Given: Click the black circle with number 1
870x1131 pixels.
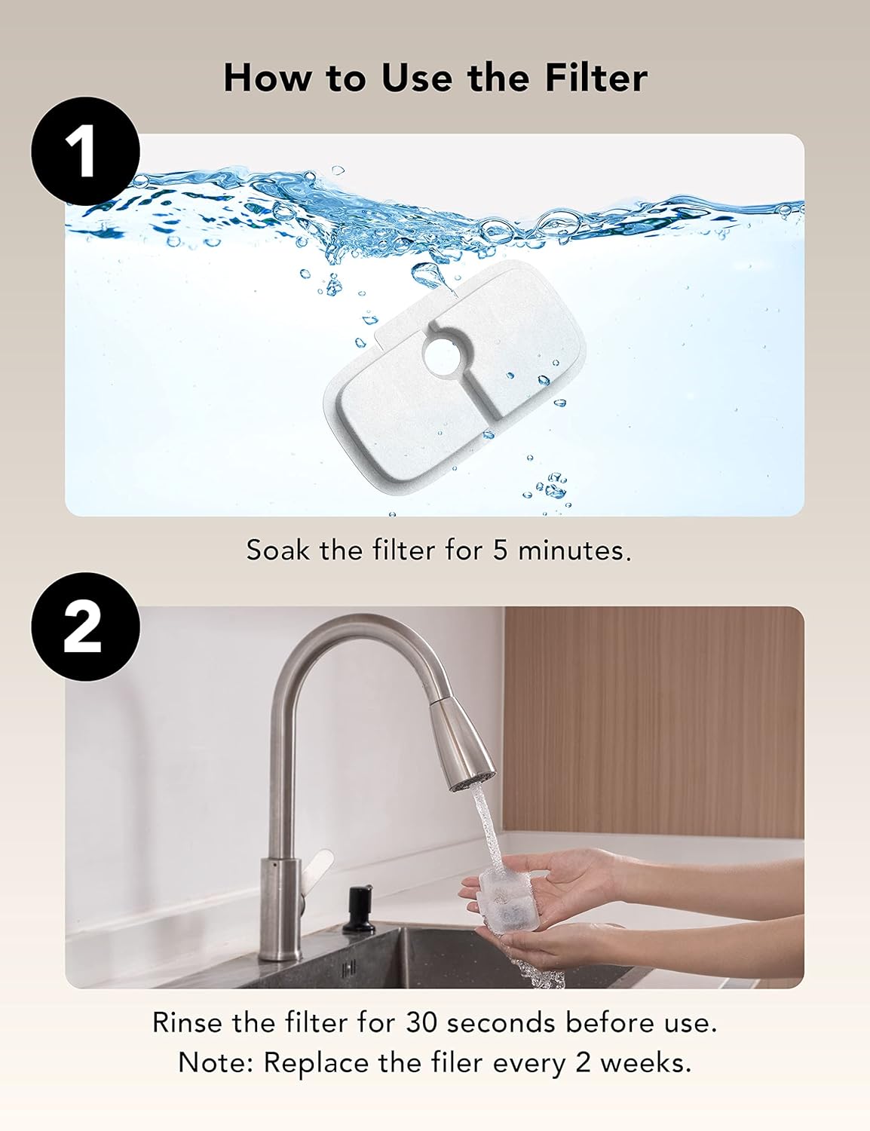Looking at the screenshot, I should coord(85,152).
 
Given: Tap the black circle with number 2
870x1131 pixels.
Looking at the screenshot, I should coord(85,627).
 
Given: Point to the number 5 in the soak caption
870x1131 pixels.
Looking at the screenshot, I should coord(501,550).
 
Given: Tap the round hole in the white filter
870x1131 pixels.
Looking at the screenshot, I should coord(446,356).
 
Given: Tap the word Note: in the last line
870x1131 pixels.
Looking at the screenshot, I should coord(216,1063).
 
